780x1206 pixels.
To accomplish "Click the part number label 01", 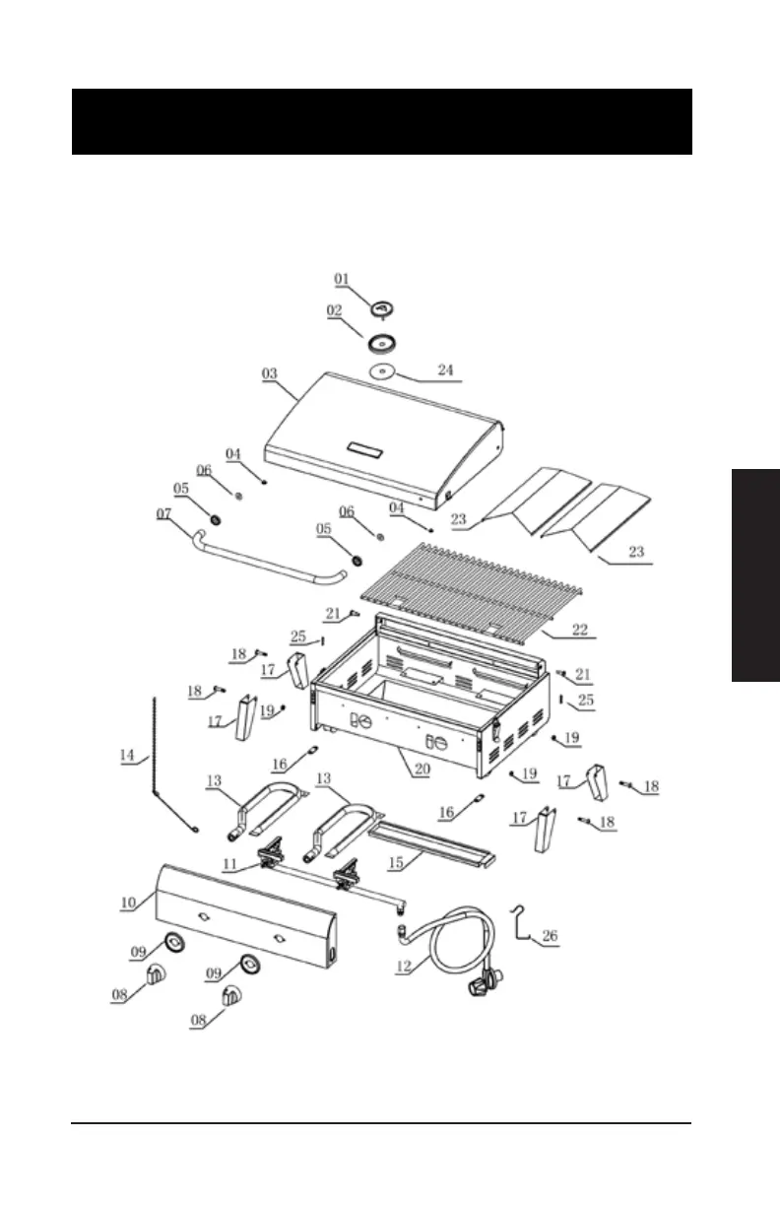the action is tap(342, 280).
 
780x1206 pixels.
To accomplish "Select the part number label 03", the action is tap(270, 374).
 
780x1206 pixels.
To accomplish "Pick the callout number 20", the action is tap(422, 770).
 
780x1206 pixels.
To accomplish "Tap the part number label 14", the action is tap(127, 756).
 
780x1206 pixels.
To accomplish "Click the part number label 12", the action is tap(404, 967).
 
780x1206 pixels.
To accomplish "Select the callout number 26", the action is tap(550, 937).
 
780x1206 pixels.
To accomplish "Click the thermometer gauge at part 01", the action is tap(382, 309).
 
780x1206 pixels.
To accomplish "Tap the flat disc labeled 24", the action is tap(384, 371).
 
